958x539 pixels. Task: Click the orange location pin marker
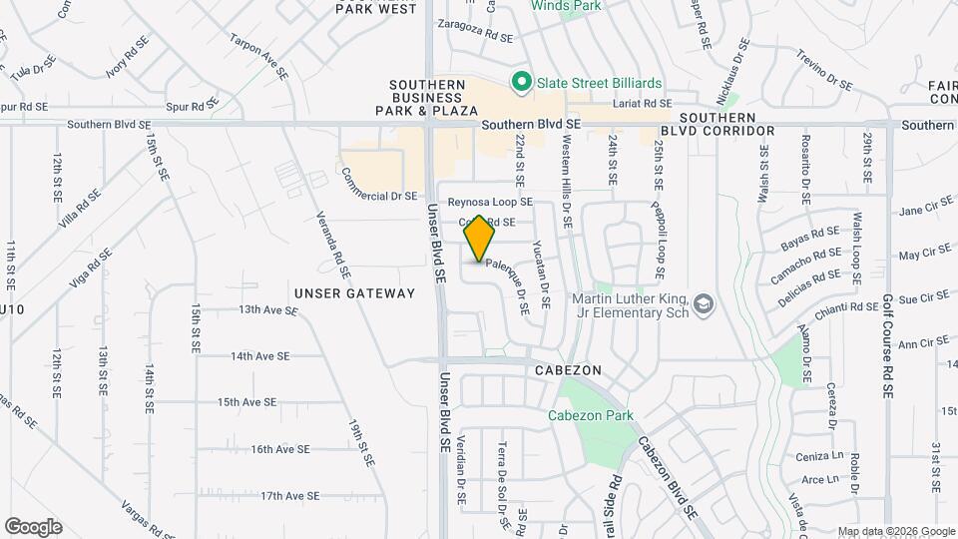point(480,239)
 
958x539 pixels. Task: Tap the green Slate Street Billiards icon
point(520,81)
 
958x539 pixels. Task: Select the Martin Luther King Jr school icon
point(704,303)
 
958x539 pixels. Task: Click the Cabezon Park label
point(590,415)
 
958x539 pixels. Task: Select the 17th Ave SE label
point(288,495)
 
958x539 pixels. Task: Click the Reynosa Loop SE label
point(490,202)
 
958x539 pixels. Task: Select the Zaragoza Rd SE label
point(474,33)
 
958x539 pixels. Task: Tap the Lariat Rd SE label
point(643,103)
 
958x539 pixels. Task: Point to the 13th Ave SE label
point(267,310)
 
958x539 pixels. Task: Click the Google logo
point(33,527)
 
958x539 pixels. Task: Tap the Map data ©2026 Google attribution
point(896,531)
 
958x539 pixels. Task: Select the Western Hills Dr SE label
point(567,170)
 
